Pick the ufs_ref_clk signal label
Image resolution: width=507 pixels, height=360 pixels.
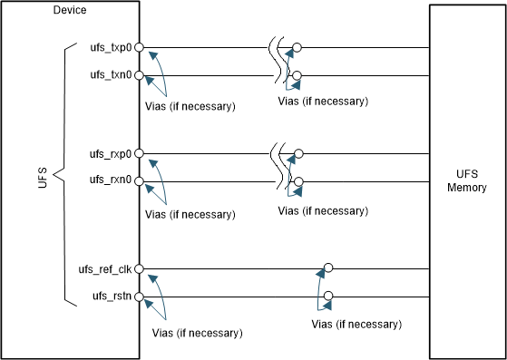pyautogui.click(x=106, y=268)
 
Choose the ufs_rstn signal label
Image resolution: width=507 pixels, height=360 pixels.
pyautogui.click(x=112, y=296)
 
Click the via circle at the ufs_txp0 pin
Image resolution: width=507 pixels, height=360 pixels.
pyautogui.click(x=140, y=47)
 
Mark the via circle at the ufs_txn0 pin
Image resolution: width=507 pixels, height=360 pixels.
pyautogui.click(x=140, y=74)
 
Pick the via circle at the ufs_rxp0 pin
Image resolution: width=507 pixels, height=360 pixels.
pyautogui.click(x=140, y=153)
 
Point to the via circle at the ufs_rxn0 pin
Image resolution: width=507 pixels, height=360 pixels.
pyautogui.click(x=140, y=181)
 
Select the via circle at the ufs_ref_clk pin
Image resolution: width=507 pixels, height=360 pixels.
pyautogui.click(x=140, y=268)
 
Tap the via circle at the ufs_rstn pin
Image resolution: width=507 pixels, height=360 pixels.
pyautogui.click(x=140, y=296)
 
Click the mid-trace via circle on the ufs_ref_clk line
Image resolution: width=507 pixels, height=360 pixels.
pyautogui.click(x=328, y=268)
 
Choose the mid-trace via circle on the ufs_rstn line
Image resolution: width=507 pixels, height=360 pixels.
pyautogui.click(x=328, y=296)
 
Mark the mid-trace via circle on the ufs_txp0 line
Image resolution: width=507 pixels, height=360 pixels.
pyautogui.click(x=297, y=47)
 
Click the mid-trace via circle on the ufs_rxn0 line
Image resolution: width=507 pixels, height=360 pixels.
pyautogui.click(x=297, y=181)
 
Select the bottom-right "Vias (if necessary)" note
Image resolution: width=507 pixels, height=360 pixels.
pyautogui.click(x=356, y=324)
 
